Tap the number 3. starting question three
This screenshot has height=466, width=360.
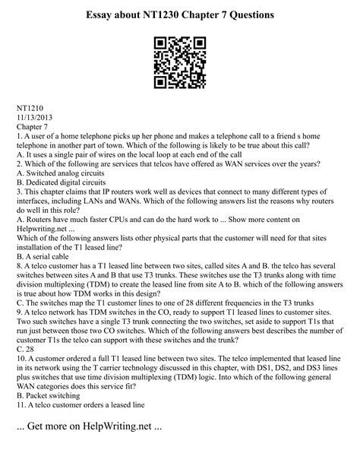tap(19, 199)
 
